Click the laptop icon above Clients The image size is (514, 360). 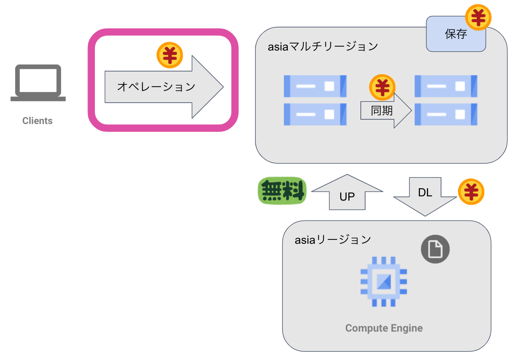click(38, 83)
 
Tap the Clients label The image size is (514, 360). click(37, 121)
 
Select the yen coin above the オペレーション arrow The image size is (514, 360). click(170, 55)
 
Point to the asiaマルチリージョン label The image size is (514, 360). click(323, 47)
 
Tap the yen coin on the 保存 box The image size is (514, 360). click(478, 17)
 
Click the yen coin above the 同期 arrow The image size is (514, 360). click(382, 87)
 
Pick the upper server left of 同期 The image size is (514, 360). click(315, 86)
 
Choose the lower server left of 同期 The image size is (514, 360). click(315, 114)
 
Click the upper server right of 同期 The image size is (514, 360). click(446, 86)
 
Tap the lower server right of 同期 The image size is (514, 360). click(446, 114)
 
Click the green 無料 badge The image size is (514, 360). click(282, 191)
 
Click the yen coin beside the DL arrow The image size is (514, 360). click(471, 192)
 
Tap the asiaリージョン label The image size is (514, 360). click(333, 239)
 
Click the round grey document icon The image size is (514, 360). click(435, 249)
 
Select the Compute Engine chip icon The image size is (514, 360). click(384, 281)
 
